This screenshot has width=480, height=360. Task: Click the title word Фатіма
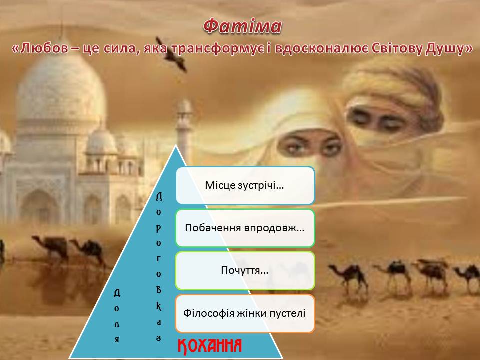[243, 27]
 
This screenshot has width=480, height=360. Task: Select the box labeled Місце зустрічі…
[245, 185]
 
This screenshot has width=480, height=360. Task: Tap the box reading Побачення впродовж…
[245, 228]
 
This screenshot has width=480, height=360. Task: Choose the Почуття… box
[245, 270]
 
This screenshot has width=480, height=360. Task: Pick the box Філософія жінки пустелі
[245, 313]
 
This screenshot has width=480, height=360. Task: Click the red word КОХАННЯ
[210, 345]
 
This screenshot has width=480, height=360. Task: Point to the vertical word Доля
[116, 316]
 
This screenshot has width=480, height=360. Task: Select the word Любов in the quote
[42, 49]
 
